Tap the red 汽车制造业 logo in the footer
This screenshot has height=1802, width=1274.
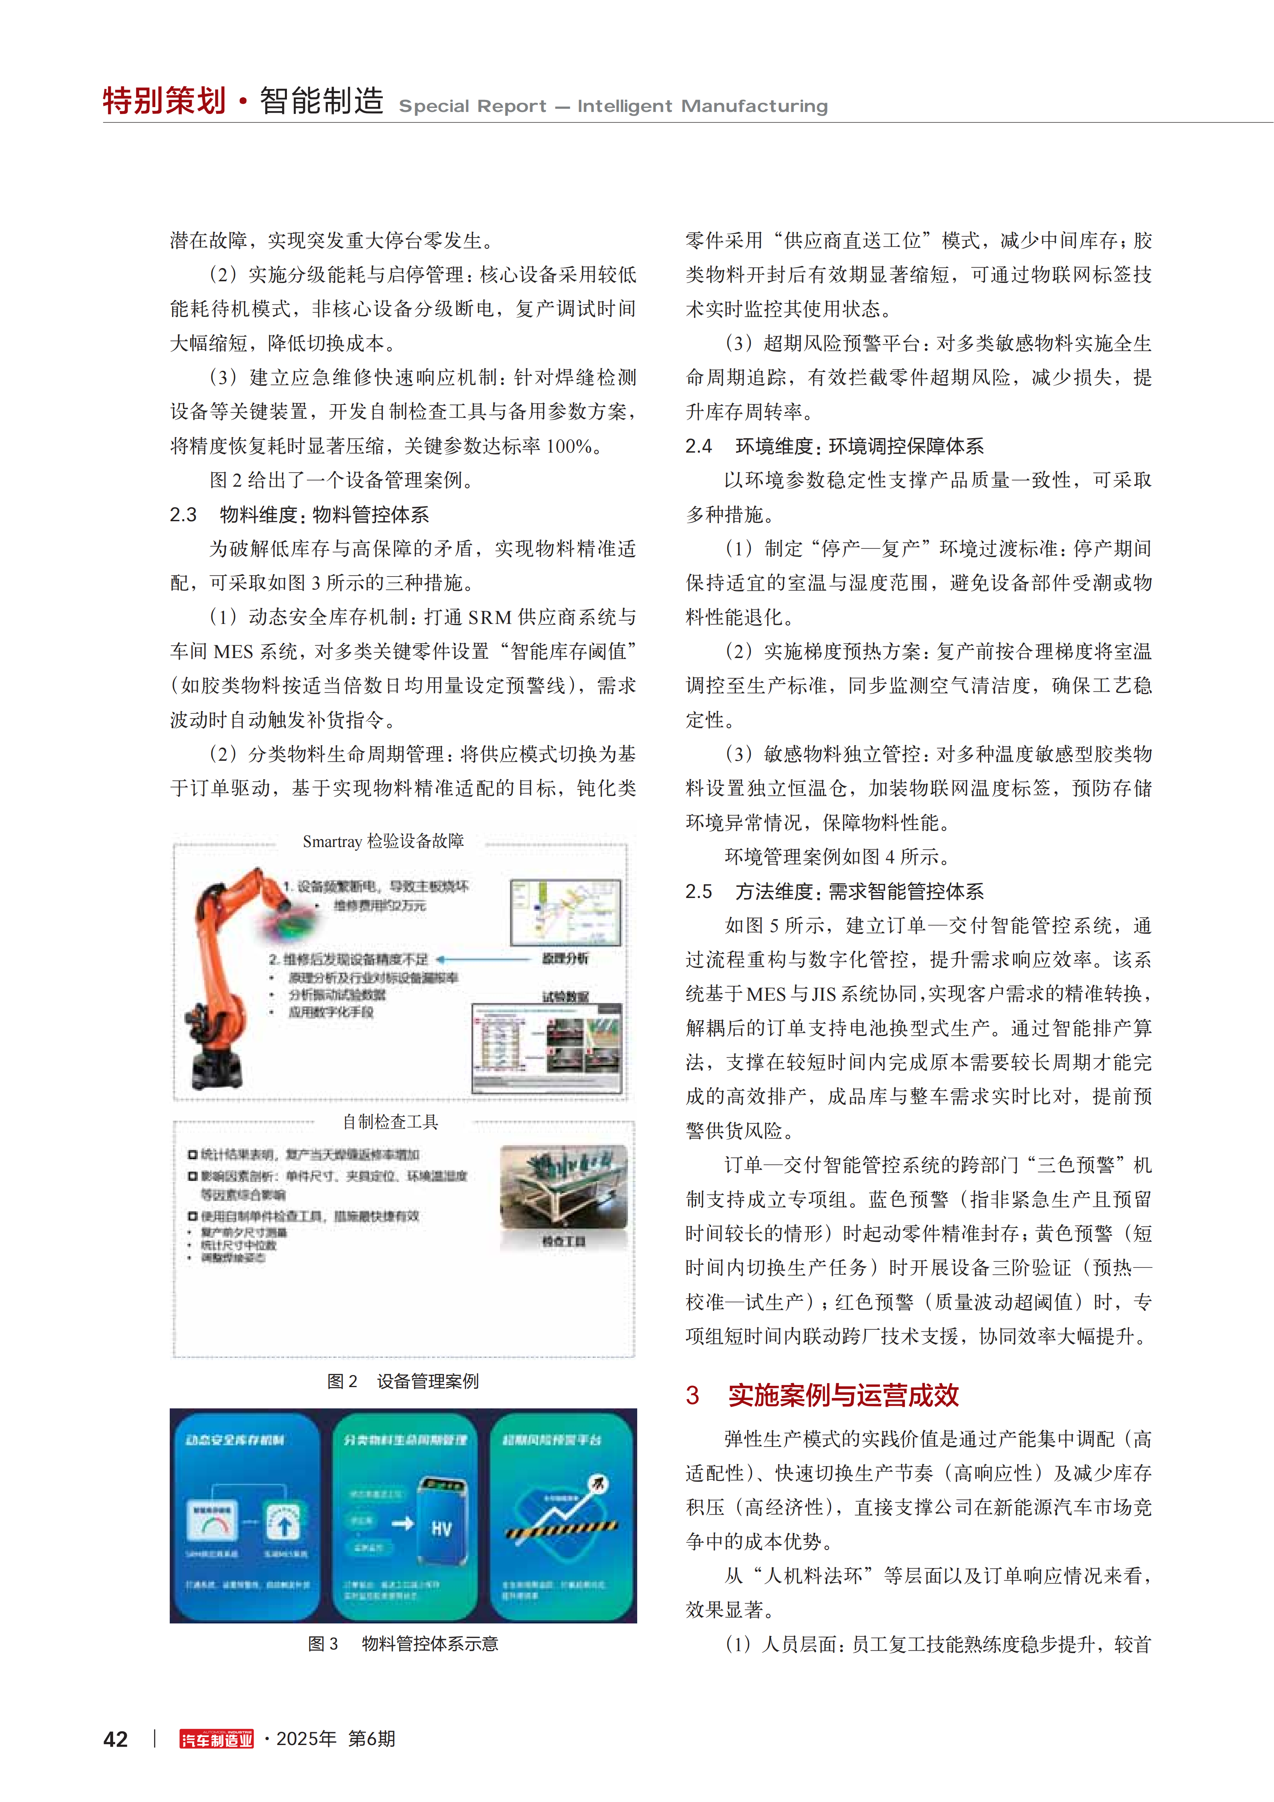(217, 1739)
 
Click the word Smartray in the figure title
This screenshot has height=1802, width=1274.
(332, 841)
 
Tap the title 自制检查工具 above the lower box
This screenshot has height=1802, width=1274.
(390, 1121)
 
